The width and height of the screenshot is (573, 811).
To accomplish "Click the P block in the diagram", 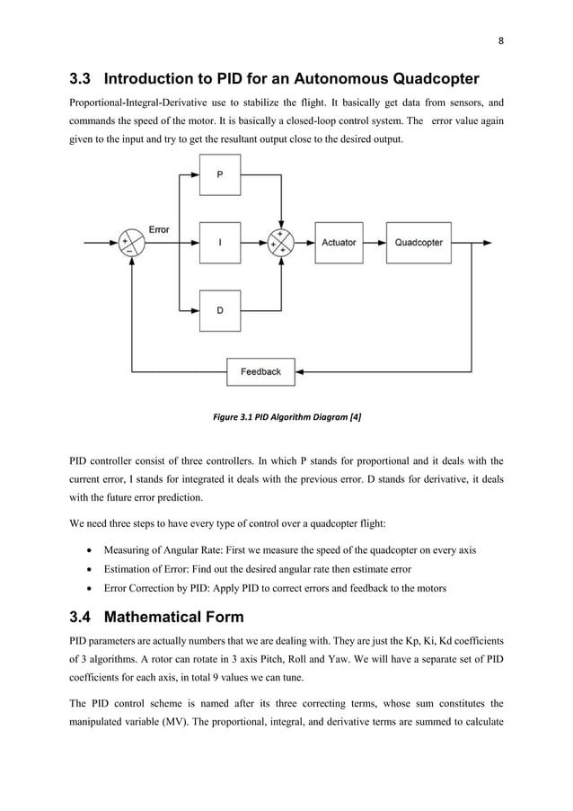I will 220,174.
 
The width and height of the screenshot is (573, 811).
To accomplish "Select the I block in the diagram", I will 220,243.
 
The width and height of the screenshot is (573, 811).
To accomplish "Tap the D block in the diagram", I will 220,310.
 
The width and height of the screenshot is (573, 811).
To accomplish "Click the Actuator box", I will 339,243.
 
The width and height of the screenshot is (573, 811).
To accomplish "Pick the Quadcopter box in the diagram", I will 418,243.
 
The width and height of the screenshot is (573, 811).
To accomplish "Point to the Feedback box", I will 260,370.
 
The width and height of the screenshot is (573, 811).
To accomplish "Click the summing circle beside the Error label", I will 132,243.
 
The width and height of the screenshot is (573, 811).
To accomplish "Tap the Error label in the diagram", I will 159,230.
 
